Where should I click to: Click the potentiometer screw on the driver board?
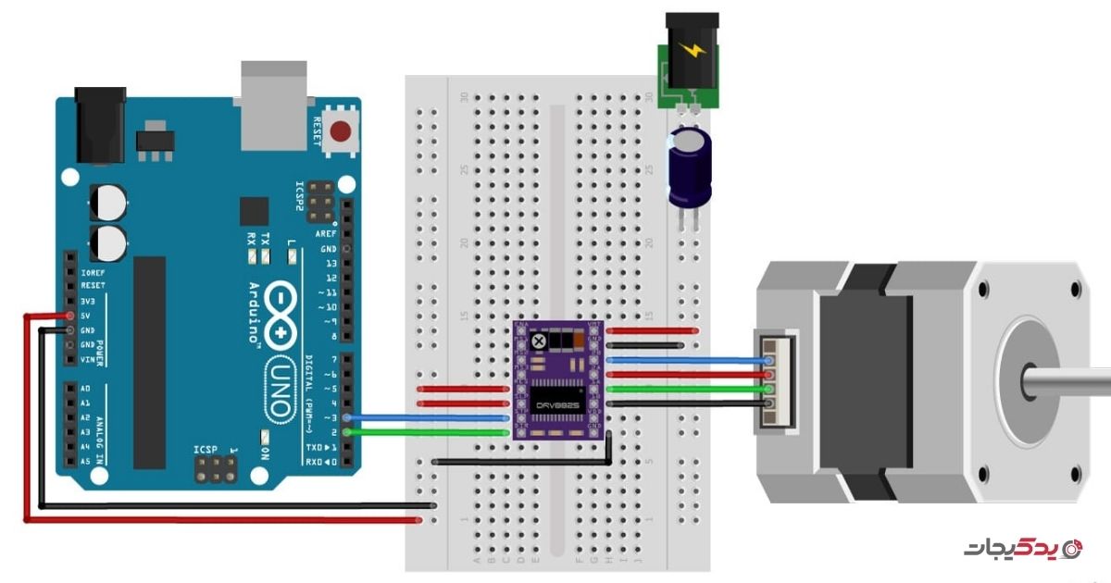coord(538,342)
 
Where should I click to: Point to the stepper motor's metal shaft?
coord(1065,380)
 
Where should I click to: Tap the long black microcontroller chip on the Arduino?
coord(149,361)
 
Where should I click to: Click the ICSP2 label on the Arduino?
coord(300,193)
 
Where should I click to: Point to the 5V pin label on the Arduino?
coord(88,315)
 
